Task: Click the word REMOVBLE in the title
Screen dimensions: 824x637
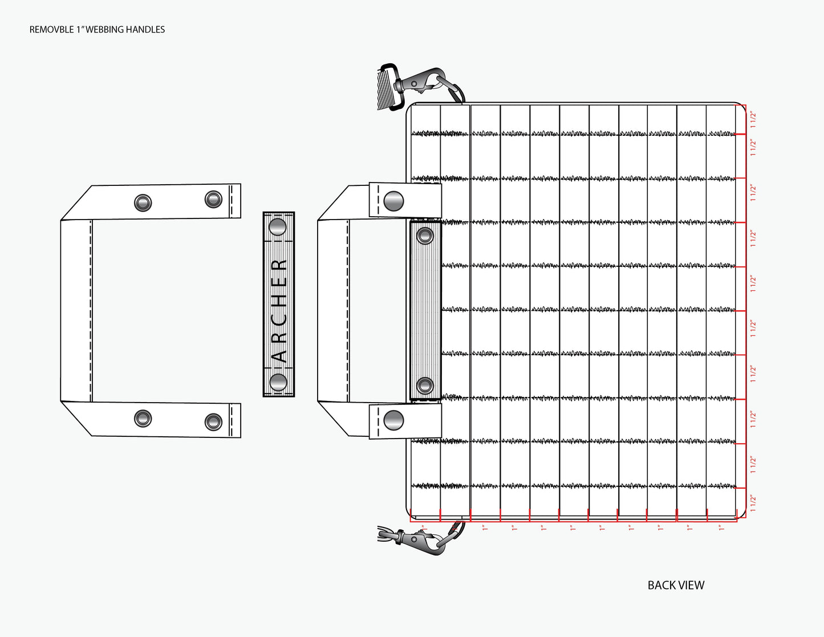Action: (51, 30)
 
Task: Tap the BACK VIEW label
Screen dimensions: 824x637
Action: (676, 585)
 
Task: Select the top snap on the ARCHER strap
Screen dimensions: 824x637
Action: (278, 227)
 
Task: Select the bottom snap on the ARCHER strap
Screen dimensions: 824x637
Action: (278, 382)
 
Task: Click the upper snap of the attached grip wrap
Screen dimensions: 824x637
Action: (425, 236)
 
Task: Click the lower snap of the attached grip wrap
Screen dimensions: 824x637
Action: (425, 386)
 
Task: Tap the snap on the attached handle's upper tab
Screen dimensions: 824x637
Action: (393, 201)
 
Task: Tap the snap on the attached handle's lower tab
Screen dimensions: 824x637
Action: (393, 420)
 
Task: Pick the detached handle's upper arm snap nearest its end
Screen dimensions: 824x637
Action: (213, 199)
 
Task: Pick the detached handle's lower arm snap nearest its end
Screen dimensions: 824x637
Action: (213, 422)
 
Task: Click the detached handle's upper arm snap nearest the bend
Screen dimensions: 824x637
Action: (143, 203)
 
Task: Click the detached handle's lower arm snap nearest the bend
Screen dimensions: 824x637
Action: (143, 418)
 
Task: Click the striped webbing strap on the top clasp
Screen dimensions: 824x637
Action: (386, 90)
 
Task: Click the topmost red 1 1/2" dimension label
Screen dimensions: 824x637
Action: (753, 119)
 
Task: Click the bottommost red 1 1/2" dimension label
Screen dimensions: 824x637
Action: (753, 504)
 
